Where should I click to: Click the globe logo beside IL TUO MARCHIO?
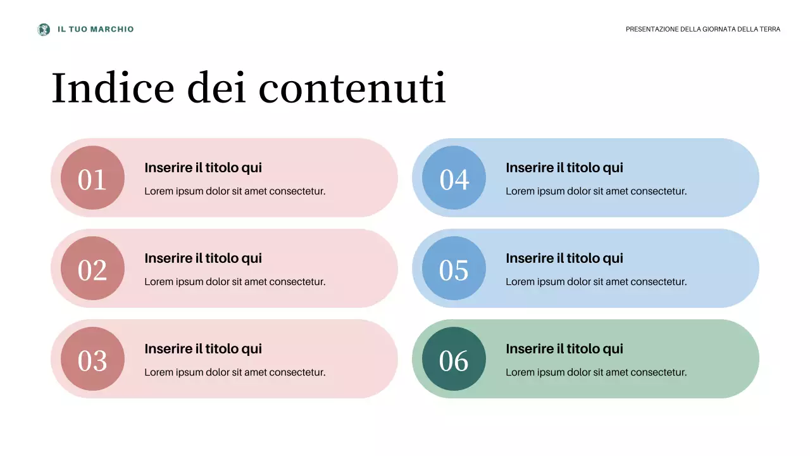coord(44,29)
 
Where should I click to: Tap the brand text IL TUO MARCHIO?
coord(96,29)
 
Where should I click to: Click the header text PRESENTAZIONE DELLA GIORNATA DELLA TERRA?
coord(702,29)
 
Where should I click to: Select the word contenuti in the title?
coord(352,87)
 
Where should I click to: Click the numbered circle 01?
coord(92,178)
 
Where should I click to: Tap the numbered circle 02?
coord(92,269)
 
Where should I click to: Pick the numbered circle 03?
coord(92,359)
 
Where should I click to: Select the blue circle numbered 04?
coord(454,178)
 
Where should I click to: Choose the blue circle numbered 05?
coord(454,269)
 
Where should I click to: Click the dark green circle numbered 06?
coord(454,359)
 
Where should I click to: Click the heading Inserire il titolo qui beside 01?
coord(203,168)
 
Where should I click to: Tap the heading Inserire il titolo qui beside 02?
coord(203,258)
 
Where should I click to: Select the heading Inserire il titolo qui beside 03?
coord(203,349)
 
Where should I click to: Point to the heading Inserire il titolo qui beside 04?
coord(564,168)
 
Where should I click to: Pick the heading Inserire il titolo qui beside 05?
coord(564,258)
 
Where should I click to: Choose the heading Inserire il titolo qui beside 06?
coord(564,349)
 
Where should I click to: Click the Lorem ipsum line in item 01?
coord(235,191)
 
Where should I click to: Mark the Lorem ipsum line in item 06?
coord(596,372)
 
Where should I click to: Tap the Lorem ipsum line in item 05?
coord(596,282)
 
